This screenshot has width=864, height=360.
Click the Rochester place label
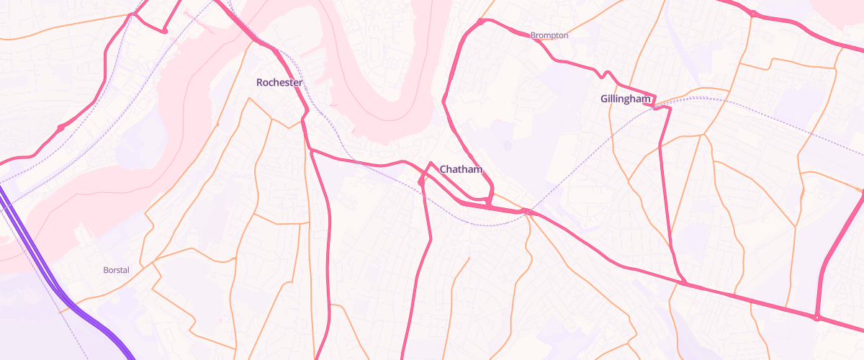coord(279,83)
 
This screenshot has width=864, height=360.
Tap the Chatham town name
coord(461,170)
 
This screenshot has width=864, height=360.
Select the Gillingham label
coord(626,99)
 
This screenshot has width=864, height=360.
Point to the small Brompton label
coord(549,35)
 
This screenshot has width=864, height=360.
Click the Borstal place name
coord(116,270)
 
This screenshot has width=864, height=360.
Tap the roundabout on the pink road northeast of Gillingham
coord(752,14)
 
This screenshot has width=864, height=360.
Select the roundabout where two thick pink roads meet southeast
coord(817,318)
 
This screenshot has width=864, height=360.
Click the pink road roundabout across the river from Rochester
coord(60,127)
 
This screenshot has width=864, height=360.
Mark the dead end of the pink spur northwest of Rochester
coord(165,31)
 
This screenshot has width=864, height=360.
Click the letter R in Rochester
coord(260,83)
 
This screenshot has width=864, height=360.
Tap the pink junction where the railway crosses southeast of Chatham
coord(529,212)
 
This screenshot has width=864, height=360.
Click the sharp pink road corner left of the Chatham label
coord(430,163)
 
